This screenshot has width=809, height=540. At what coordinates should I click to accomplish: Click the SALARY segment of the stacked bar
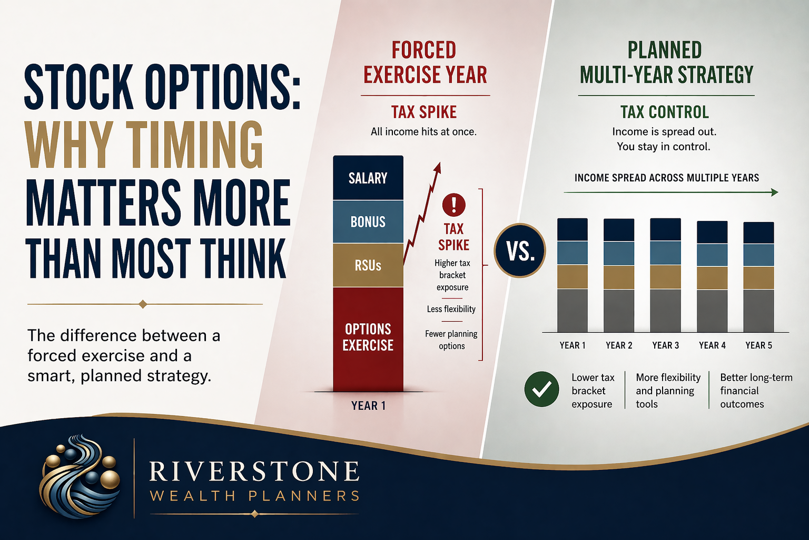(368, 178)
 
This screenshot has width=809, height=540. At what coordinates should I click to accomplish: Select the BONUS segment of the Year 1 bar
(368, 221)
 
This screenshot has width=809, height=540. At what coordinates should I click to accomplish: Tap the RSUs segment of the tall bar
(368, 265)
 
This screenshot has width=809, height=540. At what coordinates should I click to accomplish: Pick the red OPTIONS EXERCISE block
(368, 339)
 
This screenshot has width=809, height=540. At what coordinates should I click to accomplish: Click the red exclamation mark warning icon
(453, 205)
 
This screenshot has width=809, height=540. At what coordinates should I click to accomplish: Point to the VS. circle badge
(520, 250)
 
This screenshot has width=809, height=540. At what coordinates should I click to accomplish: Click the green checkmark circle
(542, 389)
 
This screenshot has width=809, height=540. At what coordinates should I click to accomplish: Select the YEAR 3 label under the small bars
(666, 345)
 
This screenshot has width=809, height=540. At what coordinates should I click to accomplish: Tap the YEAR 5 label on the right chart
(759, 345)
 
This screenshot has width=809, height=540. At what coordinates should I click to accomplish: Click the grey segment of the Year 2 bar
(619, 311)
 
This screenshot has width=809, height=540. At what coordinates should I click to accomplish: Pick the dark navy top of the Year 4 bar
(712, 232)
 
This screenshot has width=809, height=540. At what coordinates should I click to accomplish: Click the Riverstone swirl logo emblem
(80, 476)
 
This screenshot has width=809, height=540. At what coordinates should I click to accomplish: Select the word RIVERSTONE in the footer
(254, 471)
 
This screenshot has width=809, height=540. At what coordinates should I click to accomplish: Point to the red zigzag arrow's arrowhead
(438, 168)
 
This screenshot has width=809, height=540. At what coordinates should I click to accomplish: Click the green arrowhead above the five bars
(774, 192)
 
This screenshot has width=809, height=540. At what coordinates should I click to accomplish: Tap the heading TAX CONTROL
(665, 112)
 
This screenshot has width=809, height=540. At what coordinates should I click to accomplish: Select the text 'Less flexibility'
(451, 309)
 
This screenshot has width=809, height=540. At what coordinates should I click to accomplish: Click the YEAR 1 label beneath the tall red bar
(368, 406)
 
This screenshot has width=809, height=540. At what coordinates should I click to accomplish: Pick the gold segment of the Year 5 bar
(758, 278)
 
